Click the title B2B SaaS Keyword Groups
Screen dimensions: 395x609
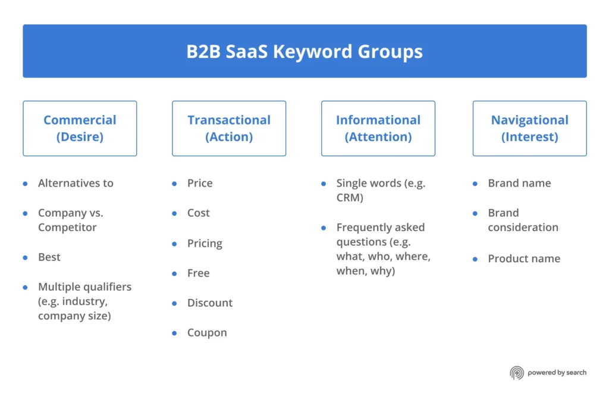304,51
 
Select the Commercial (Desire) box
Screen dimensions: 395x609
80,128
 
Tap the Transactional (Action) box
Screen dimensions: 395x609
229,128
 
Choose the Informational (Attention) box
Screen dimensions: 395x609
378,128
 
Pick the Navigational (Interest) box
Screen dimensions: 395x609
529,128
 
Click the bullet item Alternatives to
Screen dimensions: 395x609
76,183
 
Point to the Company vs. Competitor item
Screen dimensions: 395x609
70,220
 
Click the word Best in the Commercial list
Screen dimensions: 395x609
49,257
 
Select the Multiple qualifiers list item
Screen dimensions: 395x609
84,301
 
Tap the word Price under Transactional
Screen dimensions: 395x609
200,183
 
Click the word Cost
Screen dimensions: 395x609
199,213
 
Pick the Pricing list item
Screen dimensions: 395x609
205,243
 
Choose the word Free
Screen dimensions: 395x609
198,273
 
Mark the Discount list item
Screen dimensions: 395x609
210,303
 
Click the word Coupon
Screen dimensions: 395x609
207,332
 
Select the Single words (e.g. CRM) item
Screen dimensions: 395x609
381,190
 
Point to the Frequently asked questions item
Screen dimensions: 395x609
384,249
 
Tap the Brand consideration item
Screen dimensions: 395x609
523,220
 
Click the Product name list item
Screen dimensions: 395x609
524,259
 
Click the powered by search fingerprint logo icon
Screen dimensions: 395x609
516,373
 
